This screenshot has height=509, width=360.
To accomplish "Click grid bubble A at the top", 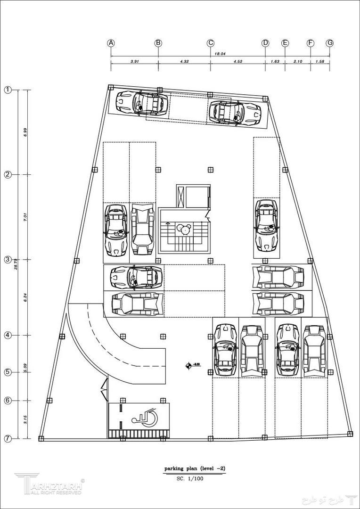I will point(111,43).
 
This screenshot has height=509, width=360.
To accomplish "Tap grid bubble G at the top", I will point(330,43).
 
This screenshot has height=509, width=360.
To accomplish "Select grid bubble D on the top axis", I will point(265,43).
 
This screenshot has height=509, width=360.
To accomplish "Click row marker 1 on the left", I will point(8,90).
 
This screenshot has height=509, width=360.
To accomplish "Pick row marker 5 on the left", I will point(8,372).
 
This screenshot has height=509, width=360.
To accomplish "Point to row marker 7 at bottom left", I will point(8,438).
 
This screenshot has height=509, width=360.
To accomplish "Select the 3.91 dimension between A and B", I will point(134,61).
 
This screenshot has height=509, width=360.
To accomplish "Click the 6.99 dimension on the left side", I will point(24,132).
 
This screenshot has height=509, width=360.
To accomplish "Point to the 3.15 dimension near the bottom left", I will point(24,419).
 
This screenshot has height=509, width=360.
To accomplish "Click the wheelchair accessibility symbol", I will point(144,416).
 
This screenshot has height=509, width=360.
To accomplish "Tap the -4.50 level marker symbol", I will point(189,364).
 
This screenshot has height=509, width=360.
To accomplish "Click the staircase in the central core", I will point(182,231).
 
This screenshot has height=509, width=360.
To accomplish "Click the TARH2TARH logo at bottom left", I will point(49,484).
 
